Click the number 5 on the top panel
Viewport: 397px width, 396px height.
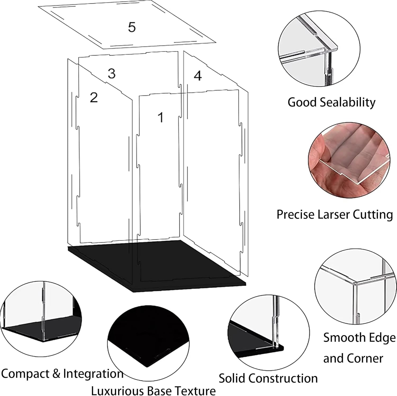(x=132, y=27)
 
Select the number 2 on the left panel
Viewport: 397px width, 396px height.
(x=94, y=97)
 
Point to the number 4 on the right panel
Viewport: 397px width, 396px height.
(x=198, y=76)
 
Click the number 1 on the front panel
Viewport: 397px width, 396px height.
(x=160, y=117)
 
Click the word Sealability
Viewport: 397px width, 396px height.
(x=348, y=103)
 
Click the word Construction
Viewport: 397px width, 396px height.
(x=282, y=378)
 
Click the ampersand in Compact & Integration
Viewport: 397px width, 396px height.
(x=56, y=374)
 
